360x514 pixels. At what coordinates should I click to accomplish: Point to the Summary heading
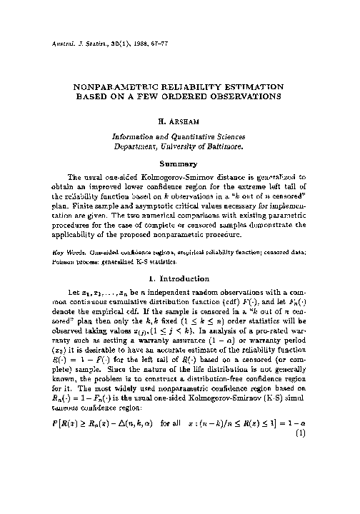tap(179, 164)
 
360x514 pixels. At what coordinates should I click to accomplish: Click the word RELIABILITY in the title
tap(185, 83)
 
